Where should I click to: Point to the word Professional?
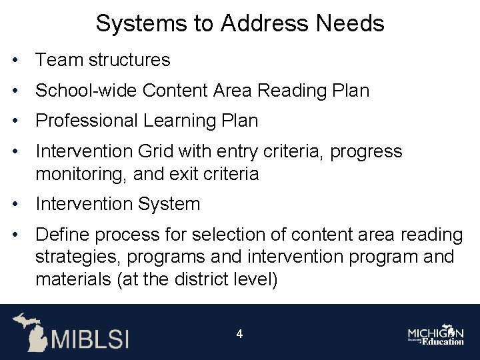(x=85, y=121)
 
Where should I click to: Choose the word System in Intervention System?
(x=169, y=204)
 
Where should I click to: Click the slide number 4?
(x=239, y=333)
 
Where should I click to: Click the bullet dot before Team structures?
(x=14, y=61)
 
